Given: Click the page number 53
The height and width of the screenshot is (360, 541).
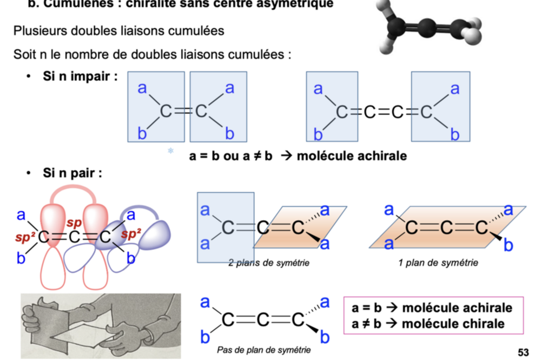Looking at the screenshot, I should [523, 352].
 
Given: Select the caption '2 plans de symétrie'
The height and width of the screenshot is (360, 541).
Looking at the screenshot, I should [269, 264].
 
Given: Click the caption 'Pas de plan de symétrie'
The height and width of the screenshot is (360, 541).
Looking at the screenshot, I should [264, 350].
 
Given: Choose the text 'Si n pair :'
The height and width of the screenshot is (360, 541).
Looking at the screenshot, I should [72, 174].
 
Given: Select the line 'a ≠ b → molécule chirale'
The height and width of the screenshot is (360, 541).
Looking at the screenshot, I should [428, 324].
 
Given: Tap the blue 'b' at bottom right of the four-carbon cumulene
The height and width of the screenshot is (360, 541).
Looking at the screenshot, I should [455, 135].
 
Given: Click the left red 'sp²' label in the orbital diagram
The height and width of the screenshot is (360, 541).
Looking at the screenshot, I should [25, 235].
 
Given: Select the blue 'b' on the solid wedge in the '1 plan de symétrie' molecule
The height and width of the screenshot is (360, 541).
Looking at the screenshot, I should [509, 246].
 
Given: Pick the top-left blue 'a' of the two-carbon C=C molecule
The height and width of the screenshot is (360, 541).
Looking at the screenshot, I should [142, 87].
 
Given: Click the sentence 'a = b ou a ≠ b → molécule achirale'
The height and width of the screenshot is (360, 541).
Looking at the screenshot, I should [298, 156].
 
